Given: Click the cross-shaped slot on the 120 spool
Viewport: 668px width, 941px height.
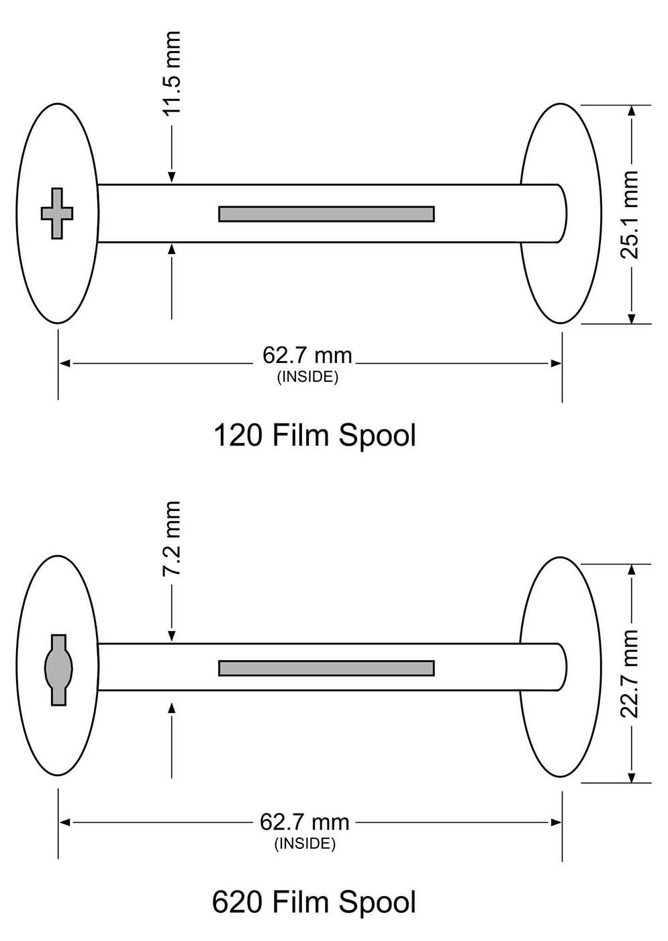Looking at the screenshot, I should click(57, 213).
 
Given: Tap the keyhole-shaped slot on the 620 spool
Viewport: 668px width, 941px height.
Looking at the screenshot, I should click(58, 669).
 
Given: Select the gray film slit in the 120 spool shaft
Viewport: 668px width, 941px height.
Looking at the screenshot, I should click(326, 214).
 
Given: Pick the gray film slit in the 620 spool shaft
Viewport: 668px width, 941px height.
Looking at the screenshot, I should click(326, 668).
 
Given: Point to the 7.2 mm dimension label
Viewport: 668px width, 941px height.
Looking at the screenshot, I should click(172, 538).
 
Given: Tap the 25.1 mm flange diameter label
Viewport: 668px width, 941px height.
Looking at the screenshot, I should click(630, 214).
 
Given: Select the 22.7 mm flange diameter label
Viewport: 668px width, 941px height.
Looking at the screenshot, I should click(630, 673).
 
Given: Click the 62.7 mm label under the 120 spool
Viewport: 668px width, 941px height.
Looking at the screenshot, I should click(307, 356).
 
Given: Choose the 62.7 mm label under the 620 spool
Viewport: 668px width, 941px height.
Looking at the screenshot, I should click(305, 822).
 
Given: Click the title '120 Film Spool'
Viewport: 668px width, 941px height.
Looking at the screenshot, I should click(314, 435).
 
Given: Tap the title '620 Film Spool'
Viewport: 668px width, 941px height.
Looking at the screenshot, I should click(314, 902).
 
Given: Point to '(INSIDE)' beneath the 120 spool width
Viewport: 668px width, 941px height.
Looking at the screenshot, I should click(307, 377).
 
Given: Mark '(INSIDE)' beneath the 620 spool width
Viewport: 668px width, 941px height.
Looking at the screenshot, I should click(305, 844).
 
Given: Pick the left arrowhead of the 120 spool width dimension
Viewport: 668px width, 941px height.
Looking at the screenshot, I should click(65, 364).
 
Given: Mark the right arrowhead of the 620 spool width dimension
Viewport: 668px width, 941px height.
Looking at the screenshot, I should click(556, 822).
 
